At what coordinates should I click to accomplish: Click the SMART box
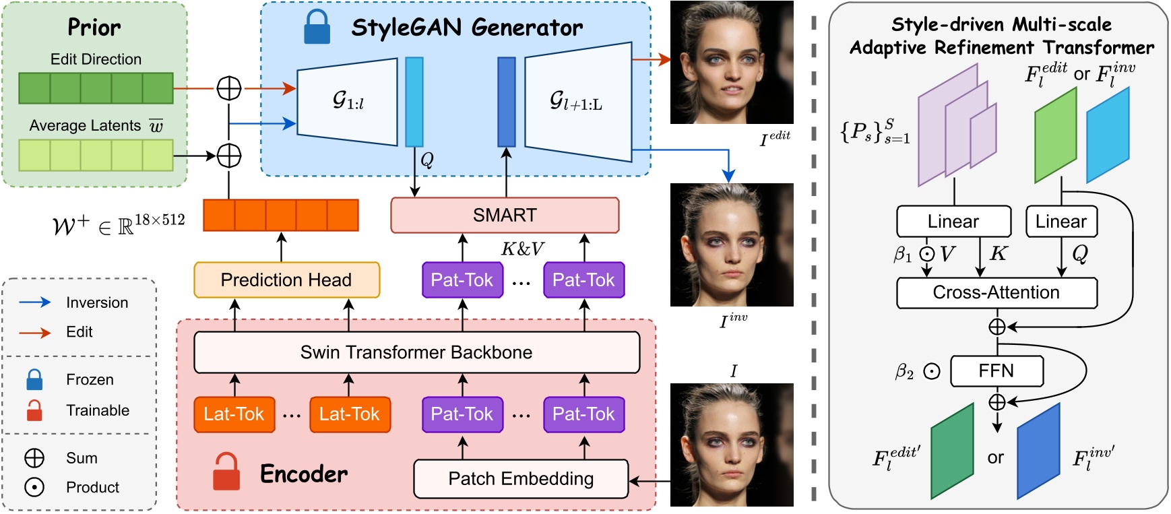505,215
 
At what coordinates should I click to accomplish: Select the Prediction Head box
286,280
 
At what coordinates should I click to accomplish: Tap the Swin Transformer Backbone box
416,352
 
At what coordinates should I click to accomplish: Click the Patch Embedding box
521,479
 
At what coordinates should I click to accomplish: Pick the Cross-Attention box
996,292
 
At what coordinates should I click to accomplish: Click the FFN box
996,371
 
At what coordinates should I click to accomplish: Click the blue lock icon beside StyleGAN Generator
317,28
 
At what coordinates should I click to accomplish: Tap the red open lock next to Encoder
226,472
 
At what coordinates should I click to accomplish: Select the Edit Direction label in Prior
96,59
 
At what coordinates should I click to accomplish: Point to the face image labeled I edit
732,62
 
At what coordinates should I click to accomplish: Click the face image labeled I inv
732,245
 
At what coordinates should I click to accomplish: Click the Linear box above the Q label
1061,222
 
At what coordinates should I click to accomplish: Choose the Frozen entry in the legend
90,380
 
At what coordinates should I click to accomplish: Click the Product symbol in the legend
34,487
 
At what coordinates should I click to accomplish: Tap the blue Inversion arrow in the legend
35,302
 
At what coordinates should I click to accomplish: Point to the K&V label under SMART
522,249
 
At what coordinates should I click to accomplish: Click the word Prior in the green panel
94,28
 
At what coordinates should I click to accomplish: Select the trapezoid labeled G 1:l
347,101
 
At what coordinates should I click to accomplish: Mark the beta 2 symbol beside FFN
905,372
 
